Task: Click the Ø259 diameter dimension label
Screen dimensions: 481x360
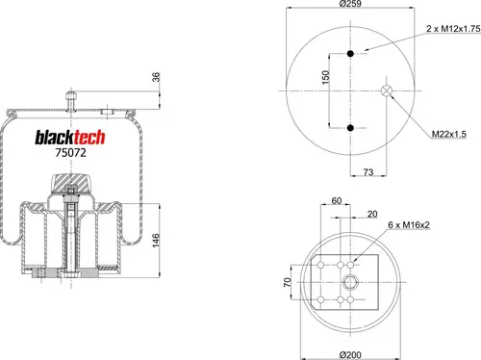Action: click(x=350, y=4)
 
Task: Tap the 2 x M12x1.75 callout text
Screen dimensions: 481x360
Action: click(x=453, y=29)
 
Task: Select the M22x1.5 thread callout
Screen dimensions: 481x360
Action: click(x=448, y=134)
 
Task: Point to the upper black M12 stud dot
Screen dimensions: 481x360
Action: click(x=350, y=54)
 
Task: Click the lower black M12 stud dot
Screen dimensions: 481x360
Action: click(x=350, y=128)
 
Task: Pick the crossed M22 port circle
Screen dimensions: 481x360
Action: click(x=387, y=90)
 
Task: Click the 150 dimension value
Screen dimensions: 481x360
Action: click(x=325, y=77)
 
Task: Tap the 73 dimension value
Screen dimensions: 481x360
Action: click(x=368, y=172)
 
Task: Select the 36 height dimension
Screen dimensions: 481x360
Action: click(x=156, y=77)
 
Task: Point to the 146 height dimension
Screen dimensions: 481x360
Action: click(x=156, y=241)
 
